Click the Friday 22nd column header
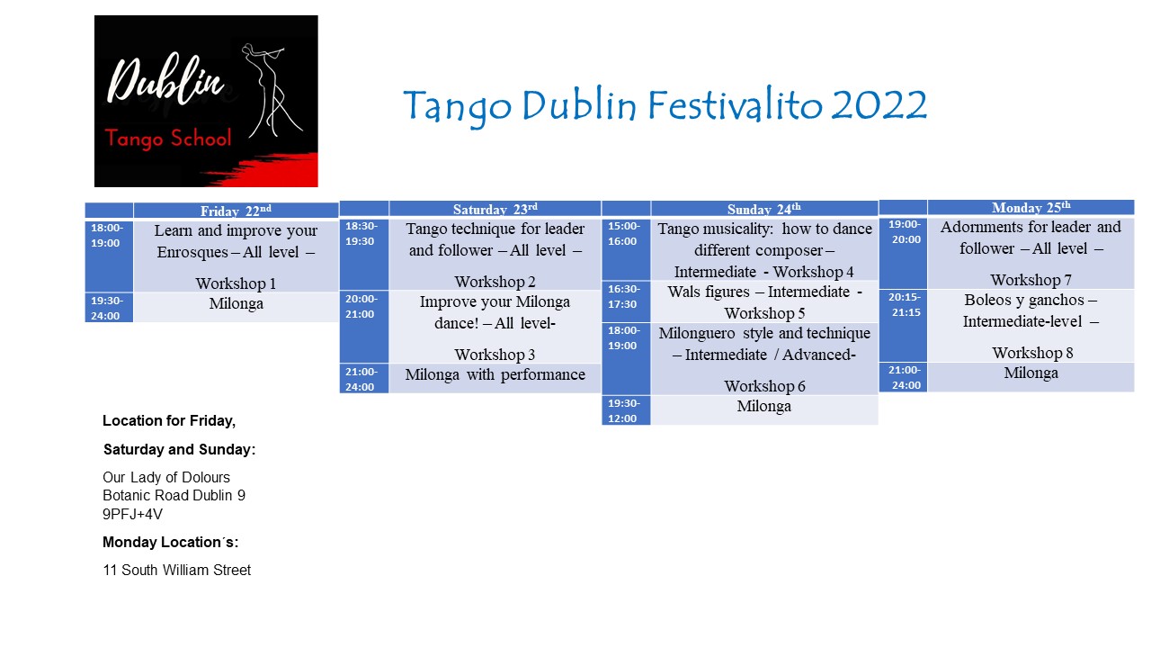point(236,211)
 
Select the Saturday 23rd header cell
point(495,208)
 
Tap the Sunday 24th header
point(764,208)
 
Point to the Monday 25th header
point(1031,207)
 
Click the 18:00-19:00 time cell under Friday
point(109,256)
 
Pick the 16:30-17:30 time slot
point(626,301)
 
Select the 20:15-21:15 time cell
point(903,326)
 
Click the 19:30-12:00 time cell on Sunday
point(626,410)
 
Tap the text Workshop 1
point(236,283)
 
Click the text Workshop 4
point(814,272)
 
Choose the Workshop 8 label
point(1032,353)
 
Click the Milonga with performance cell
point(495,379)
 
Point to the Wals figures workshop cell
point(764,301)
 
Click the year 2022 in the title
point(879,105)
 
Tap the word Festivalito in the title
point(735,105)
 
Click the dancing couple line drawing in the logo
point(271,91)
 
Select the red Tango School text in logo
point(168,139)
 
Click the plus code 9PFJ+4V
point(132,514)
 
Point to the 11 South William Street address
point(177,570)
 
